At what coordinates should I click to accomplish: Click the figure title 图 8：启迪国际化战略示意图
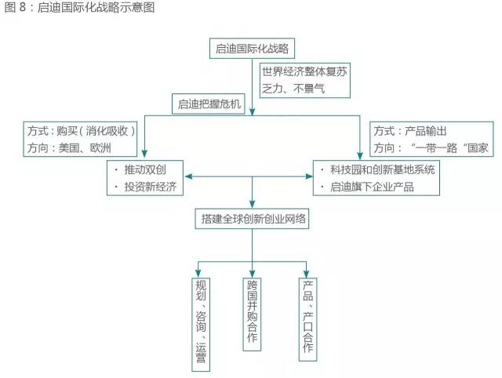pos(78,8)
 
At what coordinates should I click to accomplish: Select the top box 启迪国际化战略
pos(252,49)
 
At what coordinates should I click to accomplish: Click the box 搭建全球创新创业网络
pos(252,220)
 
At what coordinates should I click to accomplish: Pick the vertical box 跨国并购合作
pos(252,311)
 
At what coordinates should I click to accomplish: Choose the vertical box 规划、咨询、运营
pos(202,322)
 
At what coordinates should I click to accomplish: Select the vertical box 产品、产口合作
pos(307,318)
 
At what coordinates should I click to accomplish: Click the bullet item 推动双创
pos(144,170)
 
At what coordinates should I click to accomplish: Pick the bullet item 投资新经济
pos(149,187)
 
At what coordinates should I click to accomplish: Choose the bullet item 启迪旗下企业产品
pos(373,187)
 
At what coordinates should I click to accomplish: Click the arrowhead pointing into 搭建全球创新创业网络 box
pos(252,205)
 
